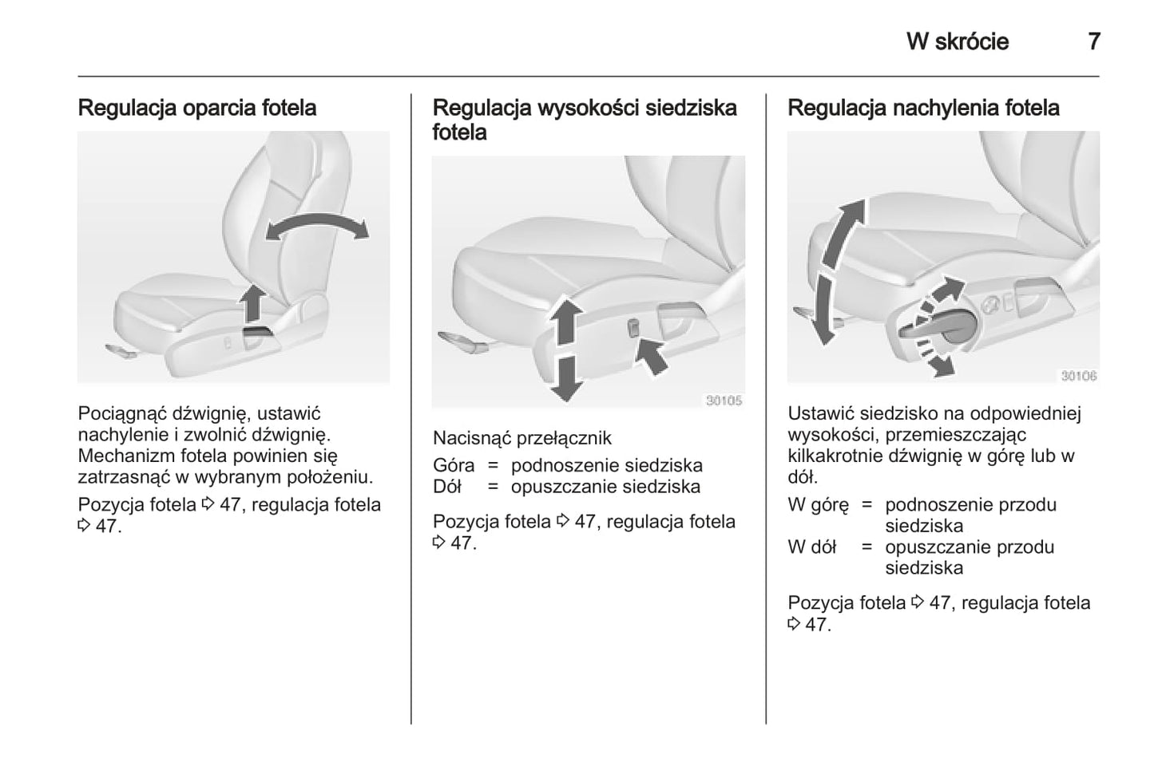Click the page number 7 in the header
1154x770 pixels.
[x=1094, y=41]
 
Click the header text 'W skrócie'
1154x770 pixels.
[x=957, y=41]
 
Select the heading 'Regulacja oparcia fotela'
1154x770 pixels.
[x=196, y=108]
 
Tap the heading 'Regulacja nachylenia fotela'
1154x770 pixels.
[x=923, y=108]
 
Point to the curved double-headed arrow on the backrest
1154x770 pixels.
[x=317, y=227]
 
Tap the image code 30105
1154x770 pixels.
[x=724, y=401]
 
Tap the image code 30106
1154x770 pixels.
[x=1078, y=376]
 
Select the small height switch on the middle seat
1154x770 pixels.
[x=633, y=328]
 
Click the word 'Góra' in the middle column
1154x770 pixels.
[x=453, y=465]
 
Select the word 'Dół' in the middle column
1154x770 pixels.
[x=447, y=487]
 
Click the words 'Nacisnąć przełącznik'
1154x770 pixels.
[x=521, y=438]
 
